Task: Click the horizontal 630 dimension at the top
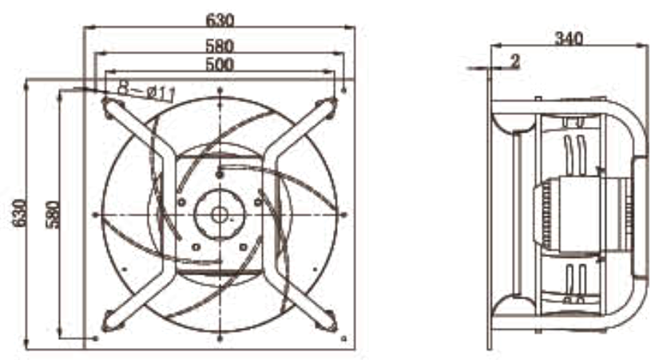coord(220,20)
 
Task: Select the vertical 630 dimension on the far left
coord(19,213)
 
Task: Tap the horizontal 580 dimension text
coord(220,45)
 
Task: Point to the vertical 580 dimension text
coord(52,214)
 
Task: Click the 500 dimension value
coord(220,64)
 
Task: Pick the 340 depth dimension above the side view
coord(569,38)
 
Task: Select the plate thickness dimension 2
coord(515,61)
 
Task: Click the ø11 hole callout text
coord(146,92)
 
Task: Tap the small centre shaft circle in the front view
coord(220,215)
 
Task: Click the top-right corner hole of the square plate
coord(343,90)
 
